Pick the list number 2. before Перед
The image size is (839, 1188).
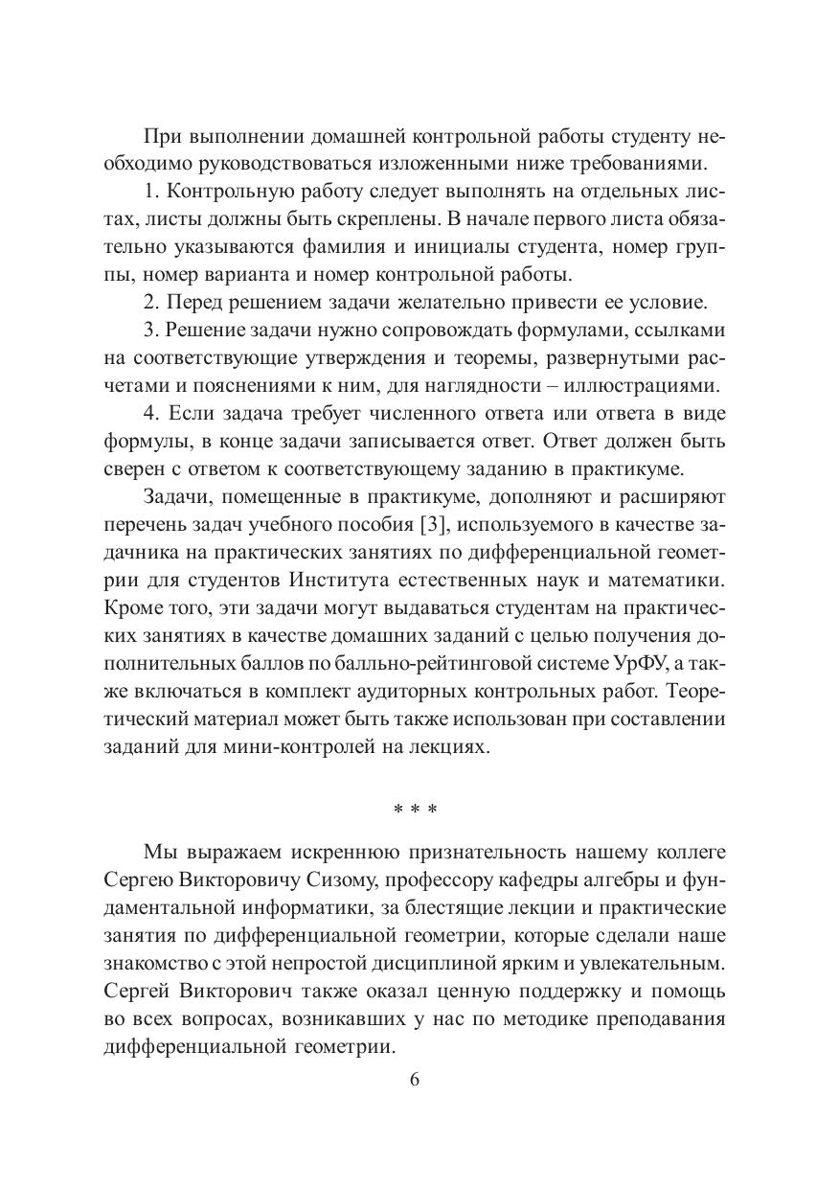(x=151, y=303)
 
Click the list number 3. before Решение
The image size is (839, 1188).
(x=151, y=331)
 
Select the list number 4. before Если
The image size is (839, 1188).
(x=151, y=414)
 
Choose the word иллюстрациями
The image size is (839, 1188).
(x=654, y=386)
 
